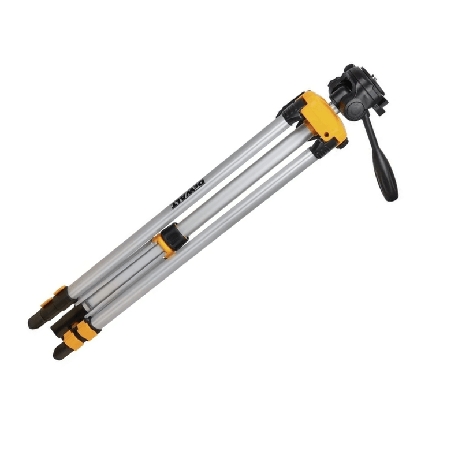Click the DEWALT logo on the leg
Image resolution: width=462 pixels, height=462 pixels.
[x=188, y=193]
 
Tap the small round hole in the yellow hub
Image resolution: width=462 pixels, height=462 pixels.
[x=326, y=135]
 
